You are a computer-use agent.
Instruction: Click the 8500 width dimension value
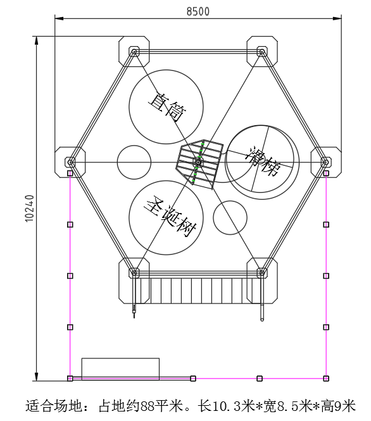point(198,11)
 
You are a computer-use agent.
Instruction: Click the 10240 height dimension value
point(30,209)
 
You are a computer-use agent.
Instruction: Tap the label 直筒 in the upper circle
point(167,107)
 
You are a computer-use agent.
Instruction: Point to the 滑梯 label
point(263,161)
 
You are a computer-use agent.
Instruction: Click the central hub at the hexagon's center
point(198,162)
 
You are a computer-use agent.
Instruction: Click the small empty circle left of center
point(134,162)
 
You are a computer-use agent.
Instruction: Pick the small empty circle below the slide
point(230,217)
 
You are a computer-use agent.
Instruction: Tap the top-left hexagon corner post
point(134,51)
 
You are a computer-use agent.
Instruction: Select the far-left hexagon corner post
point(70,162)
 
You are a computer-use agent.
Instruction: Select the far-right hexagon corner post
point(326,162)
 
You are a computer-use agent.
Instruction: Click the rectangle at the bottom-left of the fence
point(120,369)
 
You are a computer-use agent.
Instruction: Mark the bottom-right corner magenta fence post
point(326,378)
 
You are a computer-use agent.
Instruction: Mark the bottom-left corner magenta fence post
point(70,378)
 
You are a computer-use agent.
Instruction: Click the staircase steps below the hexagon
point(197,291)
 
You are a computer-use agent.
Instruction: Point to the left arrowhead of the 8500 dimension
point(59,18)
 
